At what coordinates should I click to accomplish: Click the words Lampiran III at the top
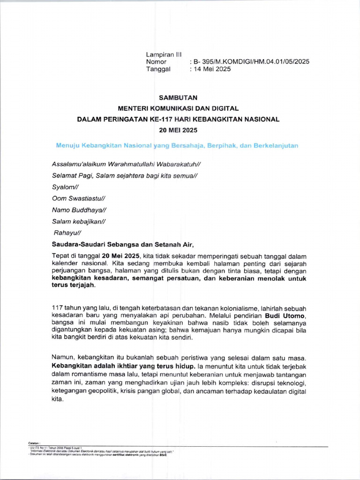tap(164, 54)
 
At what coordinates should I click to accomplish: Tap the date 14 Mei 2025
tap(211, 69)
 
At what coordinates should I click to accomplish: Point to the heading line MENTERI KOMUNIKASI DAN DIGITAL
tap(178, 108)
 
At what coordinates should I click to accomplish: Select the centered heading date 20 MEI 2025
tap(178, 130)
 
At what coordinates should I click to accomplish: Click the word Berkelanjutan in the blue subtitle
tap(275, 146)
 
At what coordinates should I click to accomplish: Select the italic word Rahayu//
tap(68, 232)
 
